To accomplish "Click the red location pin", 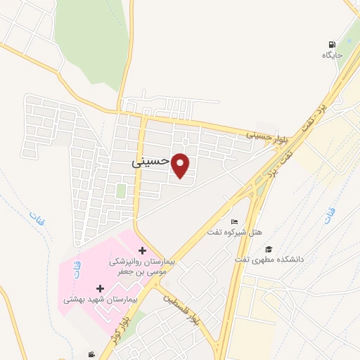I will [181, 166].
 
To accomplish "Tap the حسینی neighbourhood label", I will [150, 161].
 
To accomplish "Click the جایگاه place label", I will [332, 55].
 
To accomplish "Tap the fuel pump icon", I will [332, 43].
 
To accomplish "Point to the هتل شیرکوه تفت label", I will [234, 232].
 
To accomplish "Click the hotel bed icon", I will [235, 222].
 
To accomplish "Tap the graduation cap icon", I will [268, 249].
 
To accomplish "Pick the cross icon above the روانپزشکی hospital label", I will [143, 250].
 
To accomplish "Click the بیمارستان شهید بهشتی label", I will [99, 299].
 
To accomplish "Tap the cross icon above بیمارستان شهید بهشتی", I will [99, 288].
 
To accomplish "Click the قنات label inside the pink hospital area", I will [76, 269].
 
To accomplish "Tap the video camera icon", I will [91, 355].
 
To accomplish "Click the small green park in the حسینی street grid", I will [121, 191].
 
